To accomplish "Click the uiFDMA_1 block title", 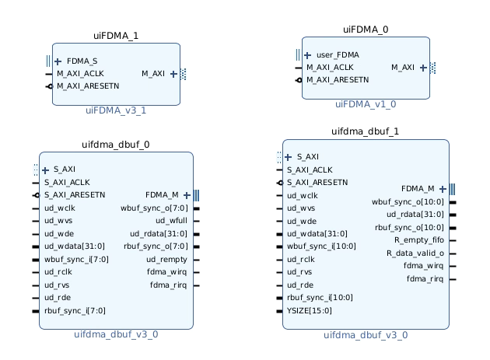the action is tap(116, 36).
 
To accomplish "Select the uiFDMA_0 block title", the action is tap(366, 30).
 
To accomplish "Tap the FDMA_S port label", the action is tap(82, 61).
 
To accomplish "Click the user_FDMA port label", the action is tap(338, 55).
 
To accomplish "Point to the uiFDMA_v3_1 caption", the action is tap(116, 110).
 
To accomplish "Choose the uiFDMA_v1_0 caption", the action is tap(366, 104).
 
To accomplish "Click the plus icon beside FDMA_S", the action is tap(58, 61).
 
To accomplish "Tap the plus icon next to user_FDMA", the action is tap(307, 55).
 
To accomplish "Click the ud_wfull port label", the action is tap(171, 221).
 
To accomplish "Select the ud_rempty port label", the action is tap(166, 260).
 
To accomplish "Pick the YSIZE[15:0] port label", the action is tap(310, 310).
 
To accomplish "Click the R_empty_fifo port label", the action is tap(419, 240).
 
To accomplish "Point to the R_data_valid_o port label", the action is tap(415, 253).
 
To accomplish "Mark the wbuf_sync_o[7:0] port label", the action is tap(154, 208).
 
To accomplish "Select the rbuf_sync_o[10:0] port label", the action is tap(409, 228).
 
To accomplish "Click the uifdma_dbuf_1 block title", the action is tap(366, 131).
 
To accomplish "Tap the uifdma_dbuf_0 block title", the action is tap(116, 145).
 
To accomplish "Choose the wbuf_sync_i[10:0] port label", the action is tap(321, 246).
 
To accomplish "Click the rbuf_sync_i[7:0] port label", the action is tap(75, 310).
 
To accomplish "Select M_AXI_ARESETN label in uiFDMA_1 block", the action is tap(88, 86).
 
